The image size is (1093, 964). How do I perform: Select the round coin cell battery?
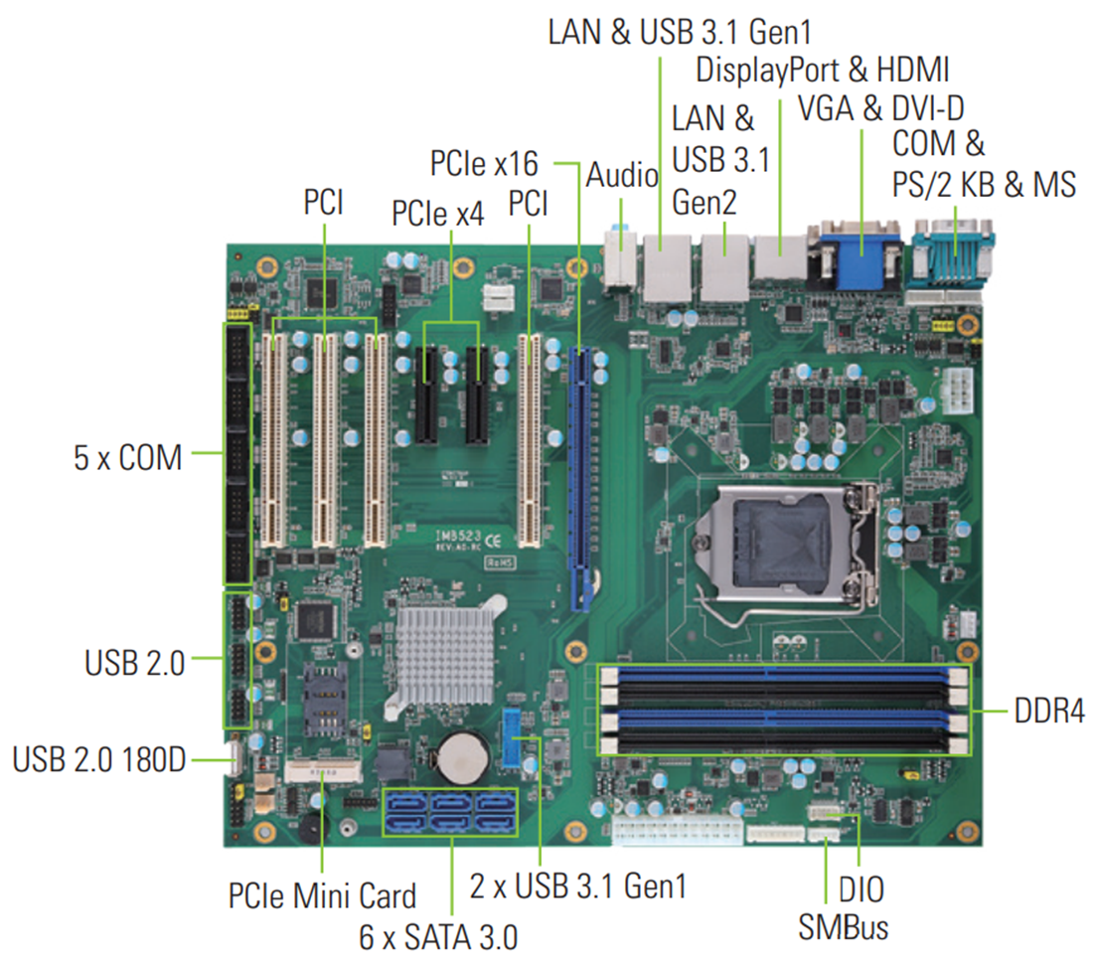pos(463,757)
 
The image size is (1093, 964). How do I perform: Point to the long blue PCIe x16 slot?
pos(583,477)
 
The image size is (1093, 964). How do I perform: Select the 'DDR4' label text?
pos(1049,712)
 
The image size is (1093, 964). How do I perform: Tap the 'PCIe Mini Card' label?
pos(322,895)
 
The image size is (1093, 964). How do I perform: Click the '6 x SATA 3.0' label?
pos(438,936)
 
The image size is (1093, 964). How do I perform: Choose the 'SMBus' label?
pos(844,927)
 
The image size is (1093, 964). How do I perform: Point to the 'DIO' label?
pos(860,889)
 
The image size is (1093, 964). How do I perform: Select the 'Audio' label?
pos(622,176)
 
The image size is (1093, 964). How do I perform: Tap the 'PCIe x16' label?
pos(485,163)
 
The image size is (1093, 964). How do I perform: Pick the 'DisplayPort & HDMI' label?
pos(823,70)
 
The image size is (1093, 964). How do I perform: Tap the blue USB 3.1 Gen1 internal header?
pos(514,737)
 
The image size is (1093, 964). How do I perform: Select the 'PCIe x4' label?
pos(437,213)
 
